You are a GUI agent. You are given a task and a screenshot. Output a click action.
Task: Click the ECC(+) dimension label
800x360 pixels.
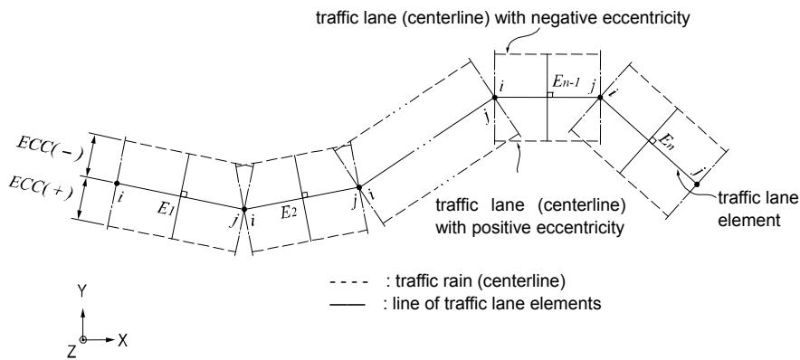(x=42, y=191)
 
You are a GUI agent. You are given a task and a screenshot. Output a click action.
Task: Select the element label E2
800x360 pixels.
(x=289, y=213)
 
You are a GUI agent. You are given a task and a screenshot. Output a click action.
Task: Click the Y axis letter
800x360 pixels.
(x=81, y=291)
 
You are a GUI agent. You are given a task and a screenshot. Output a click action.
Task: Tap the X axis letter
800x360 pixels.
(x=122, y=341)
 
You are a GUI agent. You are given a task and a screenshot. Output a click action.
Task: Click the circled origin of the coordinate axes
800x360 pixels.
(x=82, y=340)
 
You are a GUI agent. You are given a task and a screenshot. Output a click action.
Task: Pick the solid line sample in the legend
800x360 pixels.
(x=349, y=305)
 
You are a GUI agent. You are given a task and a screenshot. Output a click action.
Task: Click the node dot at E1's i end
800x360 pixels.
(x=117, y=183)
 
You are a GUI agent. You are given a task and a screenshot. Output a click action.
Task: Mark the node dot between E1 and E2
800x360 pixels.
(x=244, y=209)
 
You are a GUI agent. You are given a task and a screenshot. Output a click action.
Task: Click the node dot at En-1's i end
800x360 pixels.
(x=494, y=98)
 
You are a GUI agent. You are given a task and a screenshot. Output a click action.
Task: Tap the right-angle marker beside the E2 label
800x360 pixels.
(x=305, y=194)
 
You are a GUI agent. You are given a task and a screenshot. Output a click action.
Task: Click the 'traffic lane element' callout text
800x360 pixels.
(x=757, y=209)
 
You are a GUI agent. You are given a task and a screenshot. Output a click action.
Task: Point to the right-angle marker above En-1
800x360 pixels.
(x=550, y=94)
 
